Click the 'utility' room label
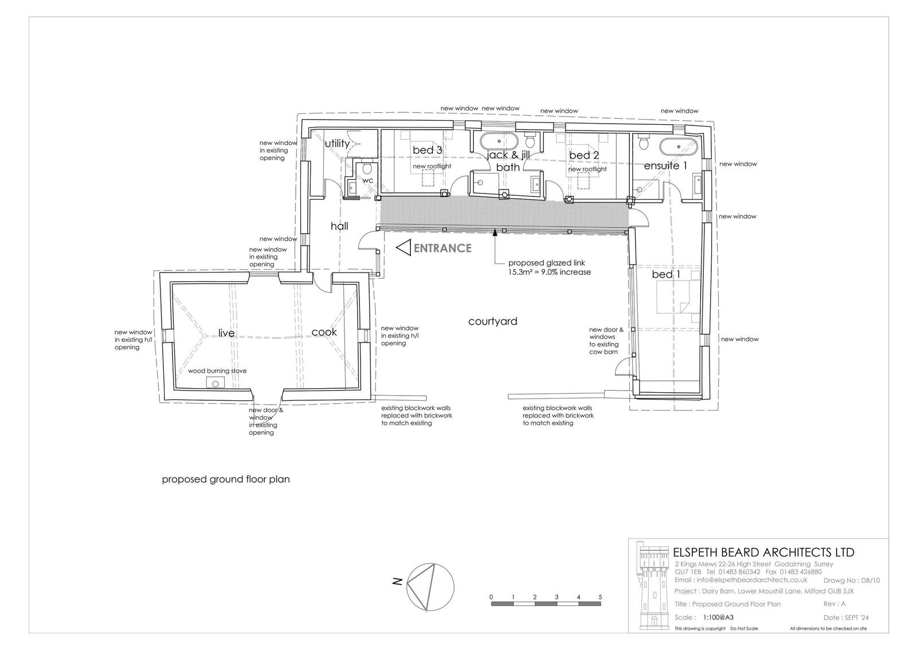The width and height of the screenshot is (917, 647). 337,144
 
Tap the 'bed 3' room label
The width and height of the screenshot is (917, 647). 428,150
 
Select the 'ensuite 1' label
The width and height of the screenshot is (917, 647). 665,165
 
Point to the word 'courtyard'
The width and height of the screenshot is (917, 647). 492,321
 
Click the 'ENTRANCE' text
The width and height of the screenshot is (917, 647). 442,248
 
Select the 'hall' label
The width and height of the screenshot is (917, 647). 339,226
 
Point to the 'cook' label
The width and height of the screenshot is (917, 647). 324,332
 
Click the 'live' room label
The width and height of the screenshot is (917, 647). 226,333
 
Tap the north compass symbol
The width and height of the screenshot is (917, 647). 430,587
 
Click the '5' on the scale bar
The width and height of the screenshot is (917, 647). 600,597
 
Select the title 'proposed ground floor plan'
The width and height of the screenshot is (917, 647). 226,479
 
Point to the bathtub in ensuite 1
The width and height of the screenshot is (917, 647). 678,146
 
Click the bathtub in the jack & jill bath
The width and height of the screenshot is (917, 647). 499,141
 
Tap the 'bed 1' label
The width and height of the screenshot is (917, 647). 665,274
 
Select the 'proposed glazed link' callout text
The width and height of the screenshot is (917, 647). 547,263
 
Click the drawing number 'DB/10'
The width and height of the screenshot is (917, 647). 871,581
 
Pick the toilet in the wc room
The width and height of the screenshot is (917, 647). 367,168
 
